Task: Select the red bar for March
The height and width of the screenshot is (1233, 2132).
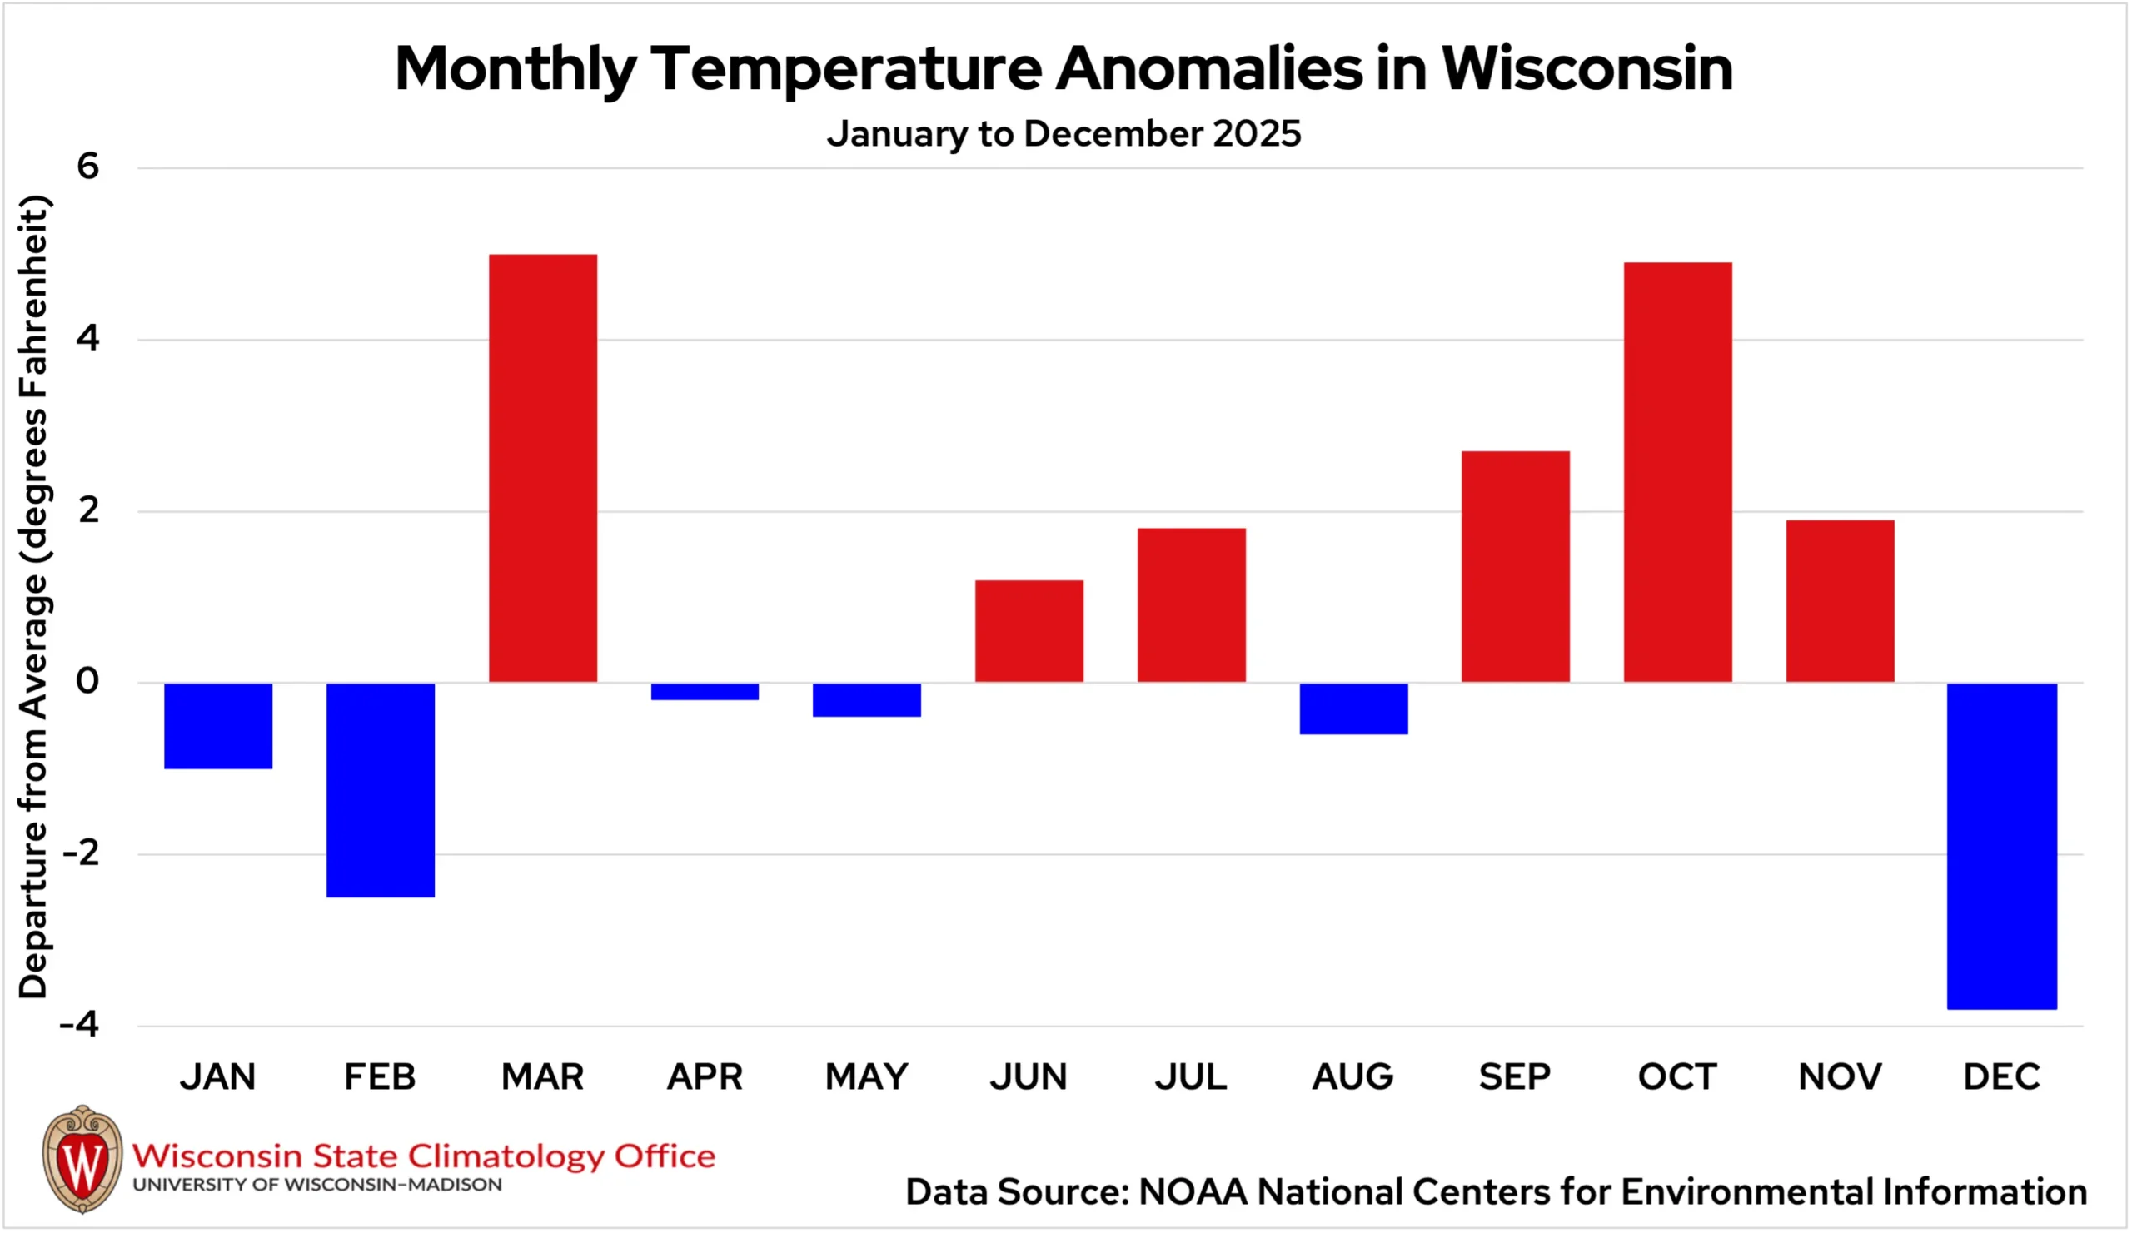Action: point(543,468)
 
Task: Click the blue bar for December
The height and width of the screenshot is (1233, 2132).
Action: point(2002,846)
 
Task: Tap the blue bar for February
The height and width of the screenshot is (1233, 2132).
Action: point(381,790)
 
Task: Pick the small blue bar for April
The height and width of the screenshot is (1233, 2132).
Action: point(705,692)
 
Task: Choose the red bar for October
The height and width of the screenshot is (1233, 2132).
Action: point(1677,472)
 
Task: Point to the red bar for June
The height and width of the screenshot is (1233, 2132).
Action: point(1029,631)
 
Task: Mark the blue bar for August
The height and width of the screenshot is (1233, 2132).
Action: point(1353,708)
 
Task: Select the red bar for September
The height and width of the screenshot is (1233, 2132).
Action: point(1515,567)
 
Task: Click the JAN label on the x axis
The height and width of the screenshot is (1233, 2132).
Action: point(217,1076)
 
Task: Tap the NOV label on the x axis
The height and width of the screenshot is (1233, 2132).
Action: point(1841,1076)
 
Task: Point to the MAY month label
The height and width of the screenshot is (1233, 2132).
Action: point(866,1076)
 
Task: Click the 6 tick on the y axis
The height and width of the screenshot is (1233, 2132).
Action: point(88,166)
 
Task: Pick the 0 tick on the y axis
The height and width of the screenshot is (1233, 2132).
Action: point(88,681)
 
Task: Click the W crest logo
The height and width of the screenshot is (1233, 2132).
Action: point(82,1160)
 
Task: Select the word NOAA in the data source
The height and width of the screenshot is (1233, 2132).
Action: point(1193,1191)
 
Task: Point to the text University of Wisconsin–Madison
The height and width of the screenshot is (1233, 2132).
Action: point(317,1185)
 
